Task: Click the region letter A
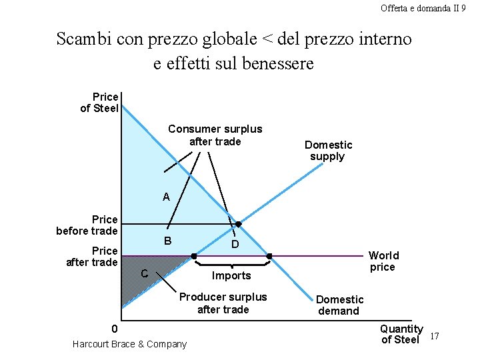166,197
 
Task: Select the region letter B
168,240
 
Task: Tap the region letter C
144,273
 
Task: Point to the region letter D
235,245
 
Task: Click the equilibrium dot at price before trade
238,224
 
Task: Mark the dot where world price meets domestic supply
194,255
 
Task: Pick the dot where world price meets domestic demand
269,255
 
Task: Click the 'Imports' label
231,276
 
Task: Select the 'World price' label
383,261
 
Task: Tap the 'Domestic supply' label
328,151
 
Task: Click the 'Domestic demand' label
340,305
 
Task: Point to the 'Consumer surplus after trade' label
215,135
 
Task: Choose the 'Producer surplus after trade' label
223,303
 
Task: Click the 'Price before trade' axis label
87,225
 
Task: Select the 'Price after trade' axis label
92,257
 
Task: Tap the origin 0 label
115,329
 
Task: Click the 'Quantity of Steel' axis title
401,334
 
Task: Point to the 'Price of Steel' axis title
99,103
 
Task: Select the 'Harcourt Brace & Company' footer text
129,344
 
